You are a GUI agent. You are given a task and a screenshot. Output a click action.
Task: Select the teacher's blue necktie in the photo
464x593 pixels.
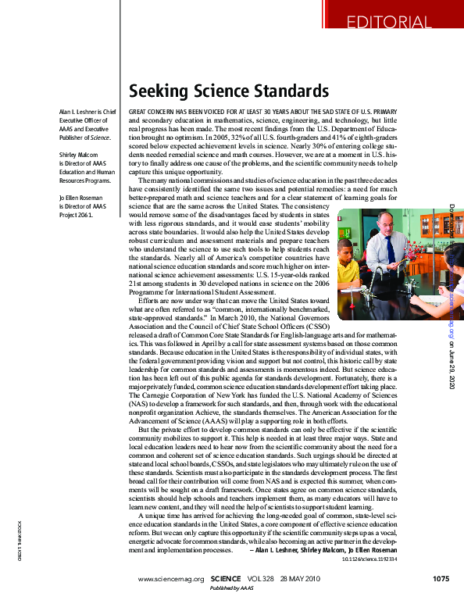pyautogui.click(x=391, y=251)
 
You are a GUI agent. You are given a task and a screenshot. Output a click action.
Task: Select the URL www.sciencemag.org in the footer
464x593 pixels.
pyautogui.click(x=170, y=579)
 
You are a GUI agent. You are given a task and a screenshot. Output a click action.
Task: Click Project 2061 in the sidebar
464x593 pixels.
pyautogui.click(x=75, y=215)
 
